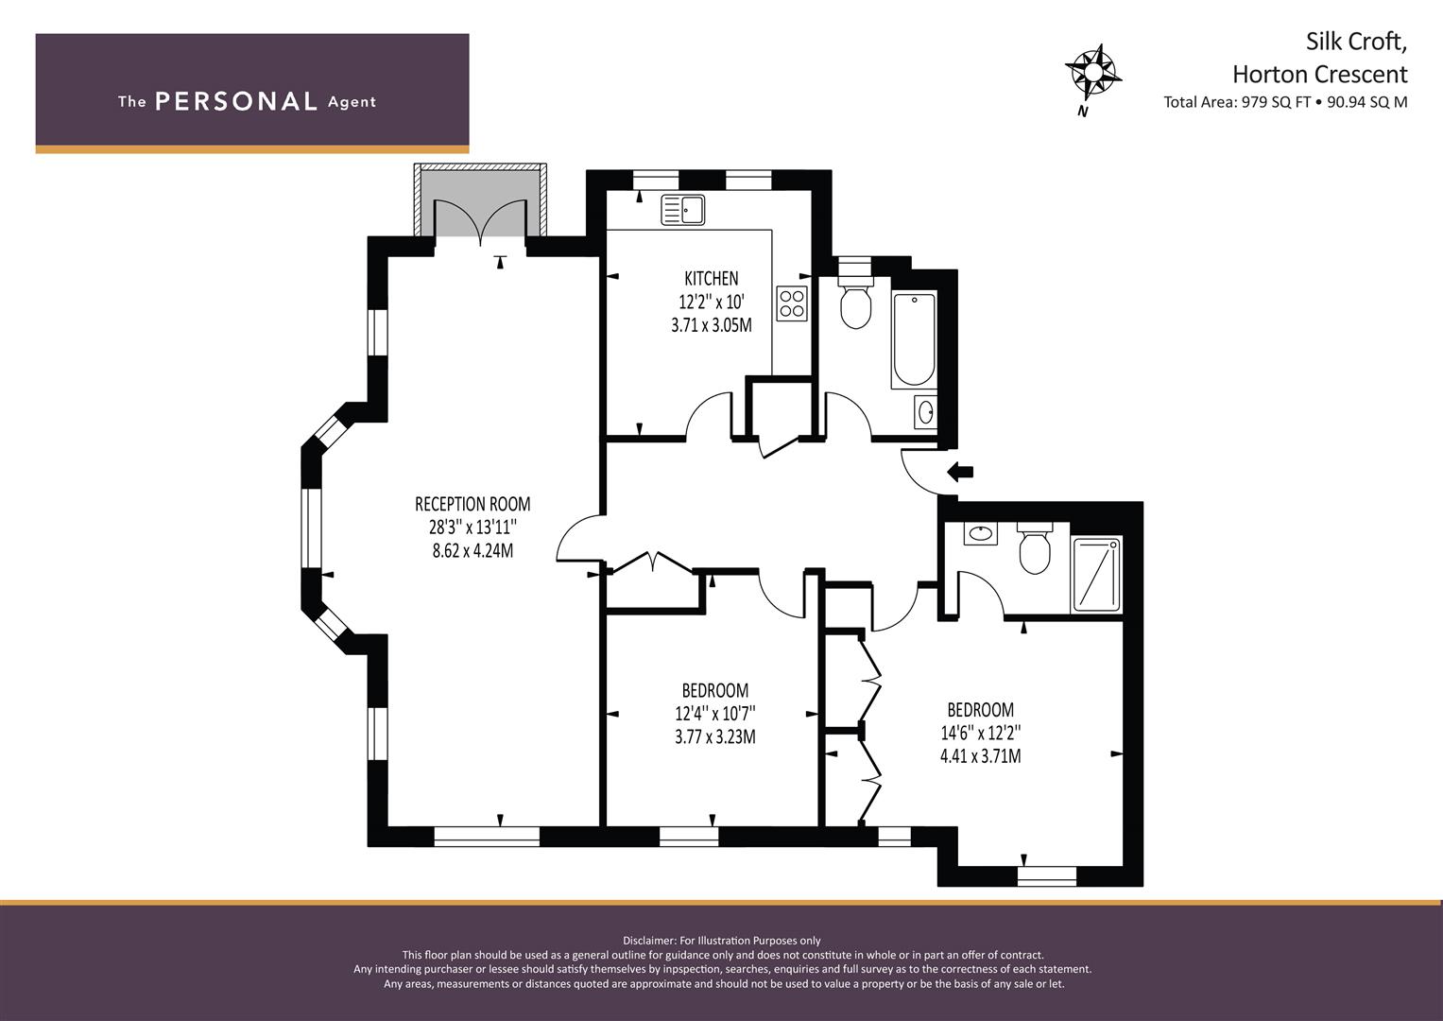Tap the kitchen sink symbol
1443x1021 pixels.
click(683, 210)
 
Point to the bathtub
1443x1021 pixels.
click(914, 340)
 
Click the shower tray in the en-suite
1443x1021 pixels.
click(1096, 575)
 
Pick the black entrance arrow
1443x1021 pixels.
click(960, 472)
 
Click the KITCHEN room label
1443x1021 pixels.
click(712, 279)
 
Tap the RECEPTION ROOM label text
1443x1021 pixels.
click(472, 503)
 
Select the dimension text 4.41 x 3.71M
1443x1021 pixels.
click(981, 756)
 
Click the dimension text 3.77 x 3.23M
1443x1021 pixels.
click(715, 736)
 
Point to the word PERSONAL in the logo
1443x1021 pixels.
click(236, 101)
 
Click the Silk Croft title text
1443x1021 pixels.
click(1356, 42)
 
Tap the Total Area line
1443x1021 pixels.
click(1285, 102)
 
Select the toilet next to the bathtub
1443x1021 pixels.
click(855, 303)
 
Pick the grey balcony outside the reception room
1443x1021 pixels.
click(481, 200)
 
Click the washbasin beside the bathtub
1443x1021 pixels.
click(925, 412)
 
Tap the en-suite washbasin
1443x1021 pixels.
click(981, 534)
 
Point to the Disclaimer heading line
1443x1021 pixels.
click(722, 941)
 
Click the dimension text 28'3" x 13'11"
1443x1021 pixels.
click(472, 528)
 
